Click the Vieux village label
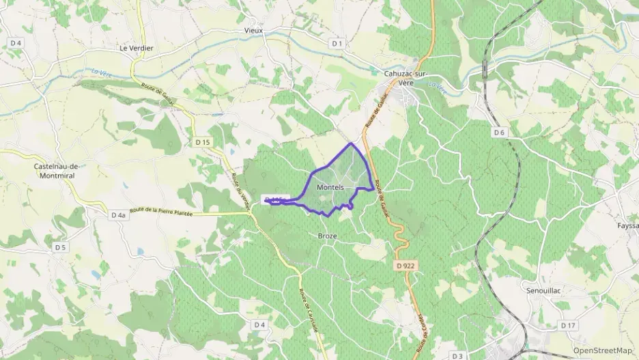pyautogui.click(x=253, y=31)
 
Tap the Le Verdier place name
pyautogui.click(x=137, y=49)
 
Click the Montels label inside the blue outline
pyautogui.click(x=335, y=187)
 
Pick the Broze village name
pyautogui.click(x=328, y=236)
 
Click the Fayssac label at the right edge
pyautogui.click(x=627, y=225)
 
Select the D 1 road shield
pyautogui.click(x=337, y=43)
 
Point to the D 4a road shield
pyautogui.click(x=118, y=215)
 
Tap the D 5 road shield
pyautogui.click(x=61, y=247)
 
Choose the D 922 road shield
pyautogui.click(x=406, y=265)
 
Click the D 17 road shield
pyautogui.click(x=568, y=325)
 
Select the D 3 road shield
pyautogui.click(x=457, y=356)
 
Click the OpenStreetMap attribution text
pyautogui.click(x=603, y=350)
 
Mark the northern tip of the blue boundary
pyautogui.click(x=352, y=143)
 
